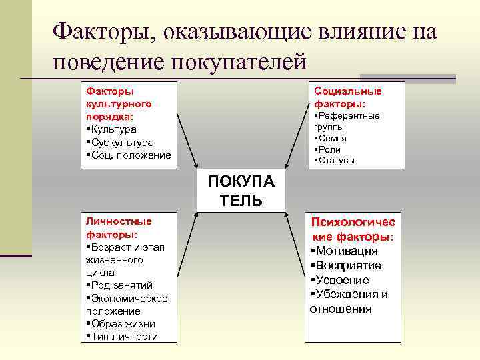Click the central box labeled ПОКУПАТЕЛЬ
(241, 191)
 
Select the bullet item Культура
(113, 129)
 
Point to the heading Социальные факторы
(347, 97)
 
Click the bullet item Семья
(333, 138)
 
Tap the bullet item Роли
(330, 149)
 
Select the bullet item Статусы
(336, 160)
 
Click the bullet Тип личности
(124, 336)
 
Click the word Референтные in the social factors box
(349, 115)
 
